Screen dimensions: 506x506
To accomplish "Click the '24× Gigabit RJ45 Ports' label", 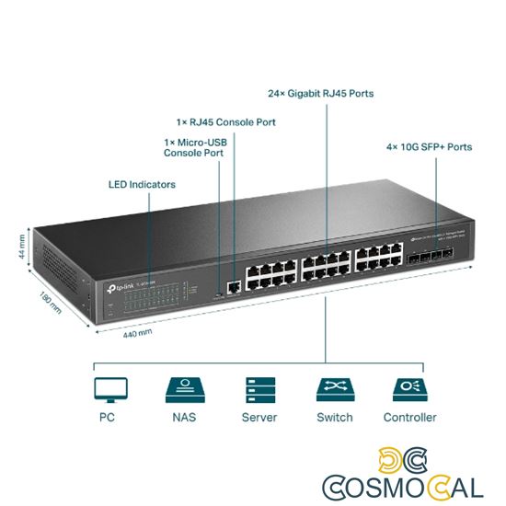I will pyautogui.click(x=320, y=94).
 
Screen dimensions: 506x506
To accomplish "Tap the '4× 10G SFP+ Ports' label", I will pyautogui.click(x=428, y=146).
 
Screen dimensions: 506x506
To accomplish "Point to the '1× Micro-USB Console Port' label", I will pyautogui.click(x=194, y=148).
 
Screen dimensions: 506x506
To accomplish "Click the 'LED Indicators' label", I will pyautogui.click(x=142, y=185).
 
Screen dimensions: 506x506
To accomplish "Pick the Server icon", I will pyautogui.click(x=259, y=389).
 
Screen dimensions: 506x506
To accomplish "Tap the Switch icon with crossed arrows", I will pyautogui.click(x=334, y=389).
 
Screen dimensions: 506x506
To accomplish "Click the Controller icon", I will pyautogui.click(x=409, y=389).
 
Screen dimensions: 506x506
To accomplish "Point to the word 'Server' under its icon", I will pyautogui.click(x=259, y=418).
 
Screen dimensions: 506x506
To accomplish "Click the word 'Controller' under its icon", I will pyautogui.click(x=409, y=418).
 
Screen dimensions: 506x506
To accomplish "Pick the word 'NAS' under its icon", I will pyautogui.click(x=184, y=418).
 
